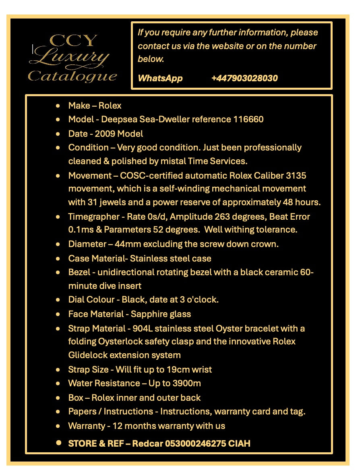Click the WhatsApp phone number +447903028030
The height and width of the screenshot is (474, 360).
tap(244, 78)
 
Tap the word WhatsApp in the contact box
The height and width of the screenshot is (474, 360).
tap(160, 78)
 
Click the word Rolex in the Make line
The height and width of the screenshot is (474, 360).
tap(110, 105)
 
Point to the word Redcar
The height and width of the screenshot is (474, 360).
tap(145, 443)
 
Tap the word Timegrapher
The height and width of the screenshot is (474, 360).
tap(93, 217)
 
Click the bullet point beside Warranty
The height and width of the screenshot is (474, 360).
tap(59, 426)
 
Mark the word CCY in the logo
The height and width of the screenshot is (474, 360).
tap(73, 41)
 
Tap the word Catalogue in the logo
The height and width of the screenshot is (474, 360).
tap(72, 76)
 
